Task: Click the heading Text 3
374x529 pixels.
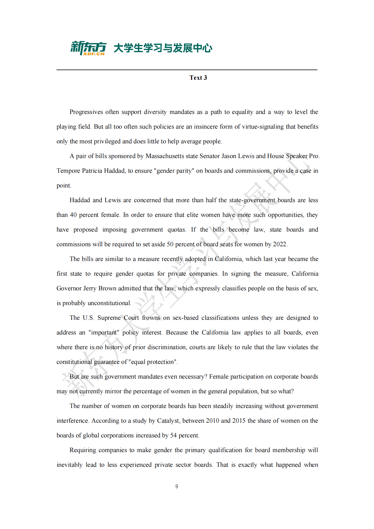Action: pos(198,78)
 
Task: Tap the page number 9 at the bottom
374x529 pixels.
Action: pos(177,486)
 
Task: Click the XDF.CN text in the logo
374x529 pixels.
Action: pos(94,54)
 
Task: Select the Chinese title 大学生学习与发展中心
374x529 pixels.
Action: pos(163,48)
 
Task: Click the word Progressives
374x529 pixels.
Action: pos(86,112)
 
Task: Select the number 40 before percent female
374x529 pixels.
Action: pos(73,215)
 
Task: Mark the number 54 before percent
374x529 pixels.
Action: pos(173,435)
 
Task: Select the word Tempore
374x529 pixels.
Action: pos(68,171)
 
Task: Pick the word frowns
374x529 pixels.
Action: pos(151,318)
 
